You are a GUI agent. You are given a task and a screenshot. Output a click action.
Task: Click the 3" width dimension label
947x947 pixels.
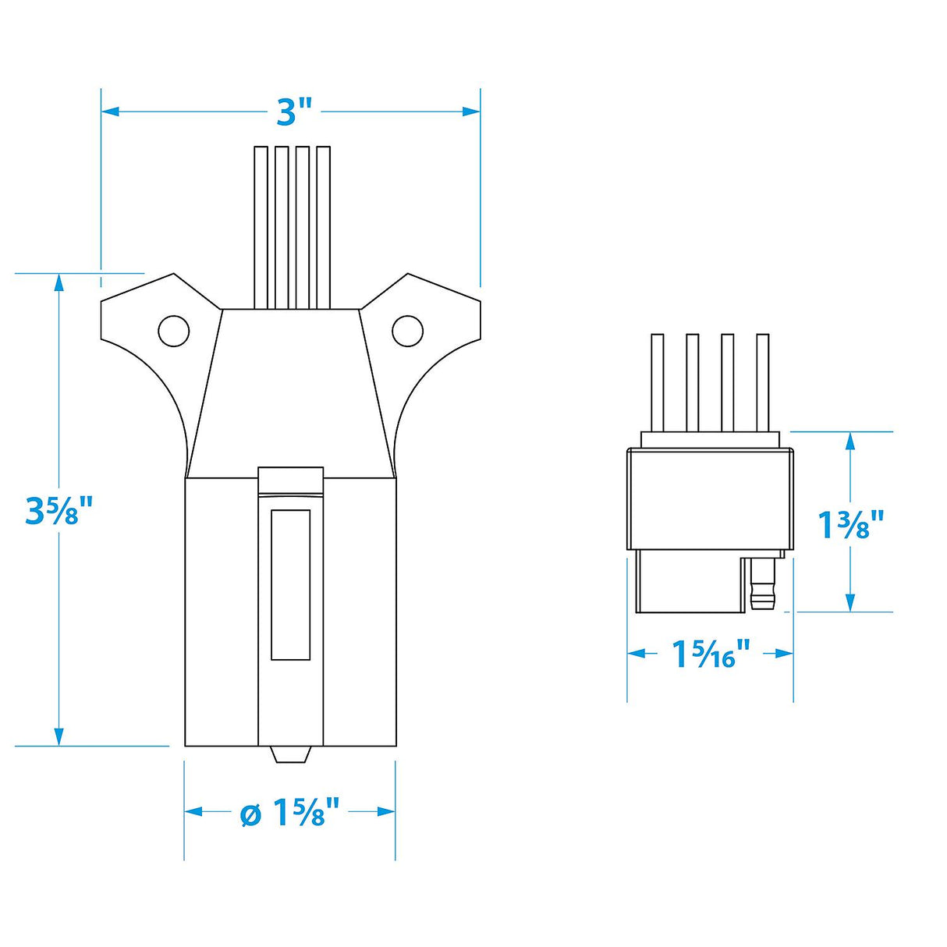coord(294,113)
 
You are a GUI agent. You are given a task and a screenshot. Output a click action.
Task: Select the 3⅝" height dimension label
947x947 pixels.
coord(59,511)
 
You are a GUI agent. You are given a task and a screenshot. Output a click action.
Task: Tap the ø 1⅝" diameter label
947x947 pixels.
coord(290,813)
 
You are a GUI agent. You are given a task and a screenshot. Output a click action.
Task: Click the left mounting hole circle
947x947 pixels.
coord(173,331)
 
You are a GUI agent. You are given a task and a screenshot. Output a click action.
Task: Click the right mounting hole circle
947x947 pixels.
coord(407,331)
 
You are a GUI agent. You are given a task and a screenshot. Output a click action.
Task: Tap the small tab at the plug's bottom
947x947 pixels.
coord(290,754)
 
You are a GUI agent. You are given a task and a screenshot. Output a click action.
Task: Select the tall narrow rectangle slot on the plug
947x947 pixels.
coord(290,585)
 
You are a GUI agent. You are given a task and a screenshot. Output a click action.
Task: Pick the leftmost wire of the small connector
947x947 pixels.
coord(657,382)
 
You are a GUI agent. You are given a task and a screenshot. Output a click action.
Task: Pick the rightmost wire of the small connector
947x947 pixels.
coord(762,382)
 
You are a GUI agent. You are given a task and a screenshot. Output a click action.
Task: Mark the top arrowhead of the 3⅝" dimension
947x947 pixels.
coord(59,282)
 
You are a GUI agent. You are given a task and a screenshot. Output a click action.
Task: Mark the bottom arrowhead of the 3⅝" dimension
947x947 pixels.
coord(59,736)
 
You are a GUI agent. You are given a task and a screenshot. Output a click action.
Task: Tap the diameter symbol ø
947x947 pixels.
coord(250,814)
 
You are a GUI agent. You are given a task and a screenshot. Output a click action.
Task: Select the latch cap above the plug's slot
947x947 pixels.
coord(290,480)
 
